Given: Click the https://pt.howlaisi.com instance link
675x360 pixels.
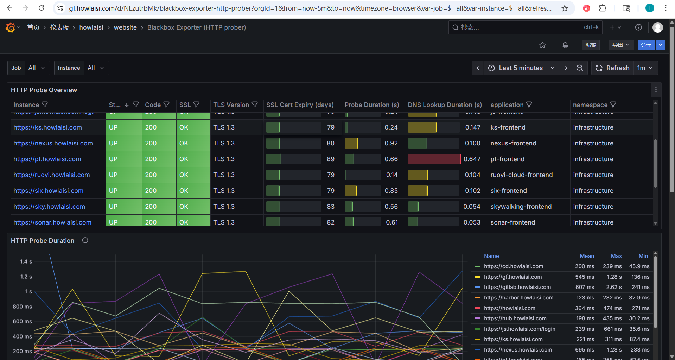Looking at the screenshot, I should pos(47,159).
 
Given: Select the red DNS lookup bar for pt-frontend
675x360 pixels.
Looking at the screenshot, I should pos(434,159).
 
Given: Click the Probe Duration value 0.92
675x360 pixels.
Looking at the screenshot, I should pos(391,143).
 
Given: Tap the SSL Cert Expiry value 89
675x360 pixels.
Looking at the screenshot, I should pos(330,159).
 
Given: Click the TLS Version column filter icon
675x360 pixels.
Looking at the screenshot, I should pos(255,105).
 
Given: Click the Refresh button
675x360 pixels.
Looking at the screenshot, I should pos(613,68).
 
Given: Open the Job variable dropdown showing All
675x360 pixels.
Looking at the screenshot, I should pos(37,68).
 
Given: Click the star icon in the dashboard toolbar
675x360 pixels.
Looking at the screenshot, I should pos(542,45).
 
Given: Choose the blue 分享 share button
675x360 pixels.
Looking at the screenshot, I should pos(646,45).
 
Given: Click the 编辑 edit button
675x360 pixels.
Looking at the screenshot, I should pos(591,45).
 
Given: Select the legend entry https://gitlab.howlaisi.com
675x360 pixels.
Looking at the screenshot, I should pos(517,287).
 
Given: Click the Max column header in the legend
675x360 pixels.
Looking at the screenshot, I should pos(616,256).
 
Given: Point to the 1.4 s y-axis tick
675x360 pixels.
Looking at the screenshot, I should pos(26,261).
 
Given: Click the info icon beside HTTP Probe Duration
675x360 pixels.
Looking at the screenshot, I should pos(85,240).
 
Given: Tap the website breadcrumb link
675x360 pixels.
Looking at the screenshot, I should pos(125,27).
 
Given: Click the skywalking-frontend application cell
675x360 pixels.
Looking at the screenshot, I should pos(521,207).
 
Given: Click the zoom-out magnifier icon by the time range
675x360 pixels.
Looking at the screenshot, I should pos(580,68).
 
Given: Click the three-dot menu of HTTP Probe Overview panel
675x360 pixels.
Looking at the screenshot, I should pos(656,90).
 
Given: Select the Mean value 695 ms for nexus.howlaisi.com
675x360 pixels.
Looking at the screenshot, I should pos(585,350).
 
